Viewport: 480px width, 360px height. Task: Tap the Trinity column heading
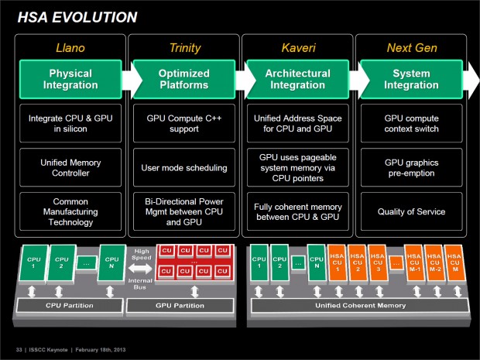click(183, 48)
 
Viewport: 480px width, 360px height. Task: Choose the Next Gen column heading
click(411, 48)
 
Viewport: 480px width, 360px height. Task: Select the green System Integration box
click(411, 79)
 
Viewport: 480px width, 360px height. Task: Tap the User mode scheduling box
click(183, 166)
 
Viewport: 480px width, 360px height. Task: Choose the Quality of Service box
click(411, 211)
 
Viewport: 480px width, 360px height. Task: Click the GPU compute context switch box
click(411, 122)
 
